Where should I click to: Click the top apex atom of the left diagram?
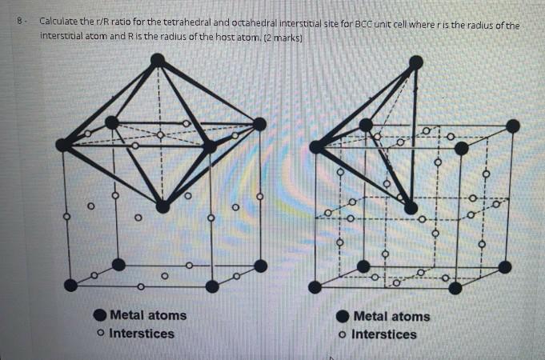(x=158, y=60)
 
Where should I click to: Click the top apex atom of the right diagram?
(x=415, y=62)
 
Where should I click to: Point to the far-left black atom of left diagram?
(x=63, y=145)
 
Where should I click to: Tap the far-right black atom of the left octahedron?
(x=259, y=123)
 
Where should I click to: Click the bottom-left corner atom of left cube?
(x=71, y=285)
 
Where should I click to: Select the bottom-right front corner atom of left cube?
(x=211, y=286)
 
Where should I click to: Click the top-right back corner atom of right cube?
(x=513, y=126)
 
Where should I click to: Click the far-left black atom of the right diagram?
(x=317, y=146)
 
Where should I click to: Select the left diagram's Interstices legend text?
(x=142, y=333)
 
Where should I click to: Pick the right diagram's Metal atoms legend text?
(x=391, y=316)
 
